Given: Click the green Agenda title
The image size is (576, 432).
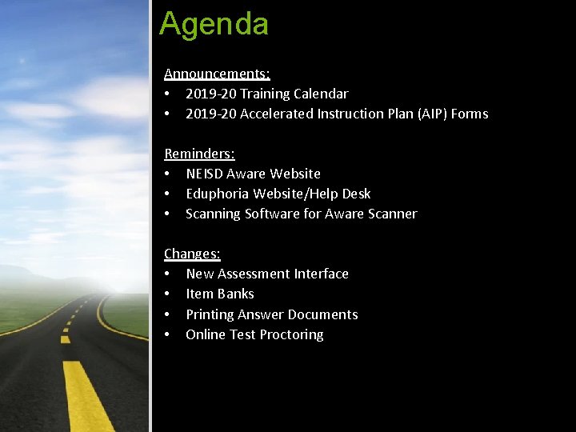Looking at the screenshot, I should tap(214, 24).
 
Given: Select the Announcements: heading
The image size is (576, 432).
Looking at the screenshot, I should tap(217, 74).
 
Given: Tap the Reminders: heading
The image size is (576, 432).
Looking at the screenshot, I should tap(199, 153).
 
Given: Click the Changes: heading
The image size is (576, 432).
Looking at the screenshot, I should tap(192, 254).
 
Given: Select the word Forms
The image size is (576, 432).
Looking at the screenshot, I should tap(470, 114).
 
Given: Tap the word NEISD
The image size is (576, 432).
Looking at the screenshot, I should tap(204, 174).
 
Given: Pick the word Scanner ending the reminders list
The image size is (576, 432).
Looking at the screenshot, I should tap(391, 214).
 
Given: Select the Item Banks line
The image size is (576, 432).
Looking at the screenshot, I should tap(220, 294).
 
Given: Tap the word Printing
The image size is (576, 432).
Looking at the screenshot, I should tap(210, 314).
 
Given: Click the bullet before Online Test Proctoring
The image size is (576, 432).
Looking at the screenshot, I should tap(167, 334).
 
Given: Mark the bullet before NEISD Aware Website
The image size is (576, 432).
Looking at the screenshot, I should tap(167, 174).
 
